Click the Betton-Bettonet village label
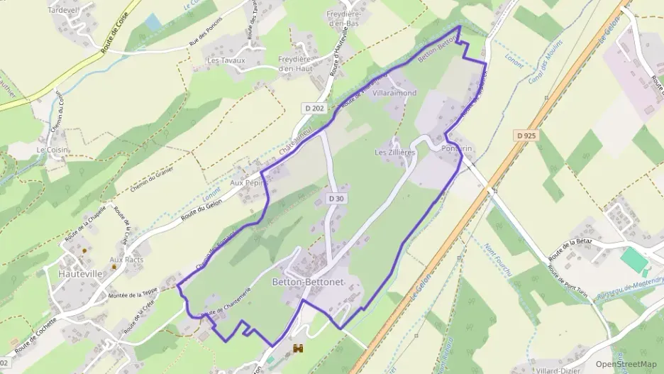click(x=307, y=282)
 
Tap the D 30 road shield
click(x=336, y=199)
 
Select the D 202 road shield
click(x=313, y=108)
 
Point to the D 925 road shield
click(x=526, y=134)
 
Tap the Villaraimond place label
click(x=394, y=93)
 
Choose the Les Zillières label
click(x=394, y=153)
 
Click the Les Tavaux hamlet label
click(x=225, y=61)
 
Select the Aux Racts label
click(x=126, y=260)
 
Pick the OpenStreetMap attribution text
click(x=626, y=364)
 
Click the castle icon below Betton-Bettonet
click(x=297, y=348)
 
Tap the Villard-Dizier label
click(x=561, y=370)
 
